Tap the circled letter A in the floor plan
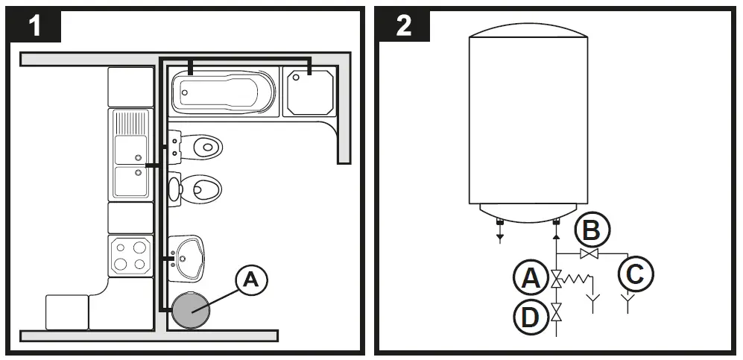(x=251, y=281)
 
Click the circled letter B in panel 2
(x=589, y=230)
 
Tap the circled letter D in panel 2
(x=530, y=316)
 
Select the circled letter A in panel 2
(x=530, y=279)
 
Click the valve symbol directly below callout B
(x=589, y=255)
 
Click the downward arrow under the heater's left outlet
(x=499, y=237)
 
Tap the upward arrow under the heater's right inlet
(x=556, y=237)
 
